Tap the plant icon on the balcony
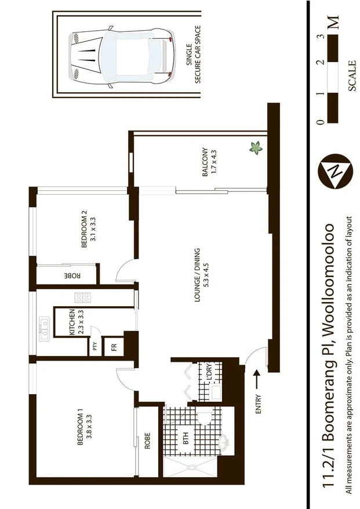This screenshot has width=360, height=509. click(x=255, y=148)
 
